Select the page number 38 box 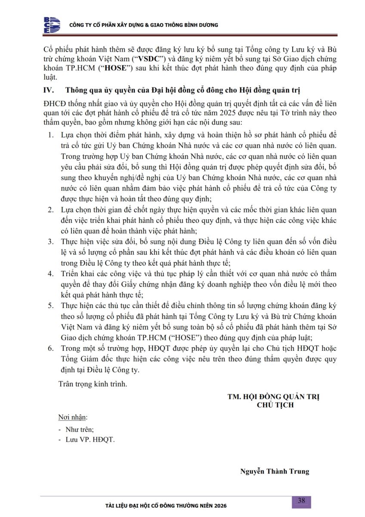click(301, 501)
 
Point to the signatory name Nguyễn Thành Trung click(275, 471)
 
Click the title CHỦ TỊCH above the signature click(275, 405)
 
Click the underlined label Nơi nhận click(72, 417)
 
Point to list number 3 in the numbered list click(51, 242)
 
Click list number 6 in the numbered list click(51, 349)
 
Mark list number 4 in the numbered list click(51, 274)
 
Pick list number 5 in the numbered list click(51, 306)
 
